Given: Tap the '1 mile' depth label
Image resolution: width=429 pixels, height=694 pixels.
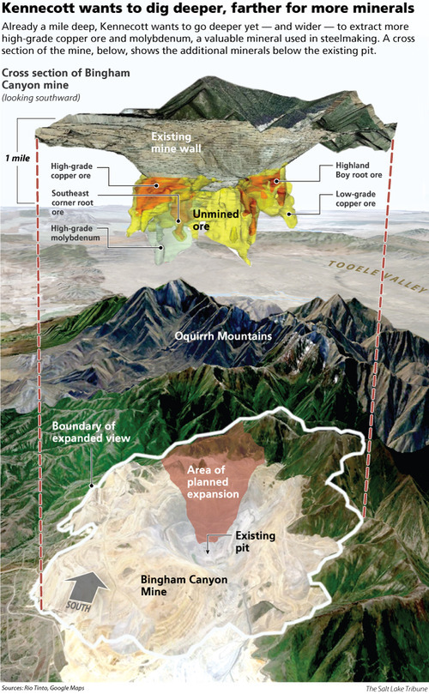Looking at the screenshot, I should (18, 159).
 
